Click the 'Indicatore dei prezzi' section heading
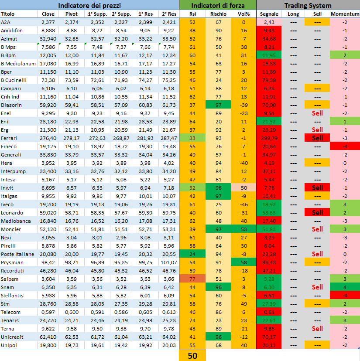click(x=89, y=5)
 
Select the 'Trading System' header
click(x=308, y=5)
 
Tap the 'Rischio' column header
click(x=218, y=14)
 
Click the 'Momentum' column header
click(x=345, y=14)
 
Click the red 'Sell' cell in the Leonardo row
click(x=317, y=212)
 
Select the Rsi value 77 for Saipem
click(x=192, y=279)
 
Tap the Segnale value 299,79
click(x=269, y=138)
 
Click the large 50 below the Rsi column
click(x=192, y=355)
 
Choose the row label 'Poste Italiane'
click(x=17, y=254)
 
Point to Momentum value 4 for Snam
click(x=345, y=287)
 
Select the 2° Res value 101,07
click(x=168, y=262)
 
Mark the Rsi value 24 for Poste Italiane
click(x=192, y=254)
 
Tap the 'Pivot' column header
click(x=72, y=14)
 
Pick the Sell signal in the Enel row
click(x=317, y=113)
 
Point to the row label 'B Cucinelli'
click(x=14, y=80)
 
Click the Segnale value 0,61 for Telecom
click(x=269, y=312)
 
